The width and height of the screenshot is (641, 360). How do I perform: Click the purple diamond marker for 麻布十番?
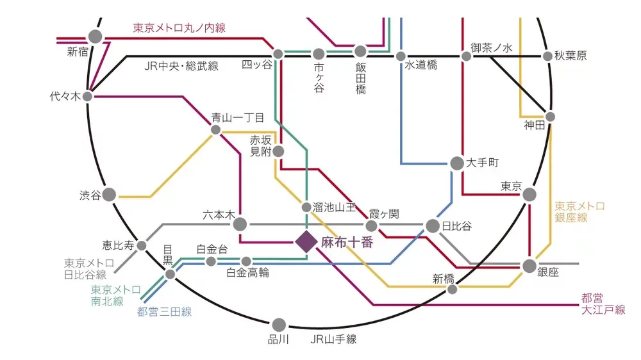306,242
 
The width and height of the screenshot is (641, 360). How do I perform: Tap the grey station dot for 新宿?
96,37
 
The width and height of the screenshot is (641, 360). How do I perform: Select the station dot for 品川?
279,325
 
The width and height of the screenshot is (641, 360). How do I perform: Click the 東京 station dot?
529,194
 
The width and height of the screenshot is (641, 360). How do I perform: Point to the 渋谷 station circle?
110,194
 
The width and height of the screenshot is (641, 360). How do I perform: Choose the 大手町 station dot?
456,163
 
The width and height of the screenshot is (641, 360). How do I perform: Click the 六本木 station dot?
240,224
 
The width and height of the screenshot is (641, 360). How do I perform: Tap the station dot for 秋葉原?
547,56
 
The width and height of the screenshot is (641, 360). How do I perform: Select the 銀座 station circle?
529,266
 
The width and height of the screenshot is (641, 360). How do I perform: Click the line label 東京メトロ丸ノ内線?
179,28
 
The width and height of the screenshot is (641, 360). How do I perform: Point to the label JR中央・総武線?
181,66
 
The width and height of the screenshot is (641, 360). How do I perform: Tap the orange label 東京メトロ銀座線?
579,212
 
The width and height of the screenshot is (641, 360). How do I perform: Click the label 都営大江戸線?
603,304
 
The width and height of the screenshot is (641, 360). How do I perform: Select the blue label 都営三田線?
164,313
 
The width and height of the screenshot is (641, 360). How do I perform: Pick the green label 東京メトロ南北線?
115,295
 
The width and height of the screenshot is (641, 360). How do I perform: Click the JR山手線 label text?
333,340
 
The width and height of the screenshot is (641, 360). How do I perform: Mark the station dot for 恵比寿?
141,245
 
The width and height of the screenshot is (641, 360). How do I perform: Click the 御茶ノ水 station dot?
467,56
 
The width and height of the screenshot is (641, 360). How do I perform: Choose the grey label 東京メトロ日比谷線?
89,268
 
